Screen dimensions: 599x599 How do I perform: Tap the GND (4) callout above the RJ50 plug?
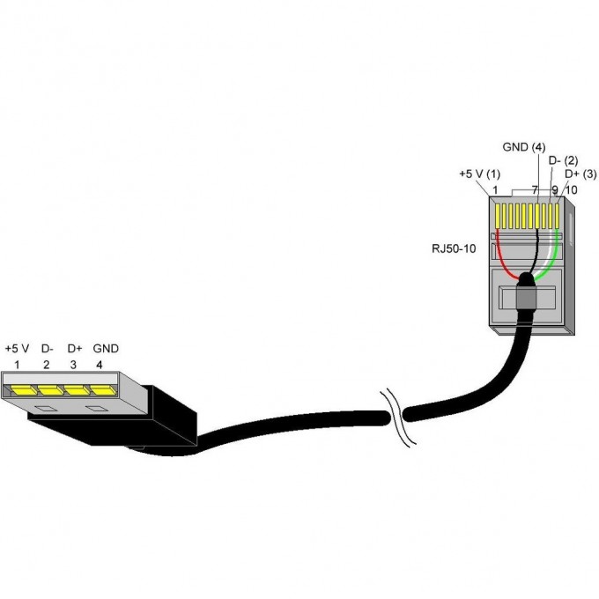(x=524, y=147)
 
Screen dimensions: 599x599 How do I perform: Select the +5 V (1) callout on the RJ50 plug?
(x=479, y=174)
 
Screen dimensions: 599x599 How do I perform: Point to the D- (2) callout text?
(x=563, y=161)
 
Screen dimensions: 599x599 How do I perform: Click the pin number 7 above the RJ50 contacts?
(x=535, y=189)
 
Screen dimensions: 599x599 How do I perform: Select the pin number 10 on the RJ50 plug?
(x=570, y=189)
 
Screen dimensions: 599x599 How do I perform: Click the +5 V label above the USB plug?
(x=18, y=348)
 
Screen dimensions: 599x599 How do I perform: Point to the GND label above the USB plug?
(x=106, y=348)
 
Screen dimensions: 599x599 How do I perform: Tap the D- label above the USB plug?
(x=48, y=348)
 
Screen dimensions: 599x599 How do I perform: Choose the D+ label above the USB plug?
(x=75, y=348)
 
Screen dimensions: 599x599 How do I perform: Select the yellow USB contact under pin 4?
(x=103, y=388)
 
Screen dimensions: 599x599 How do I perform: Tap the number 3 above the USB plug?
(x=74, y=363)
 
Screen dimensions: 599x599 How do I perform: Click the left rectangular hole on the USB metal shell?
(x=43, y=408)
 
